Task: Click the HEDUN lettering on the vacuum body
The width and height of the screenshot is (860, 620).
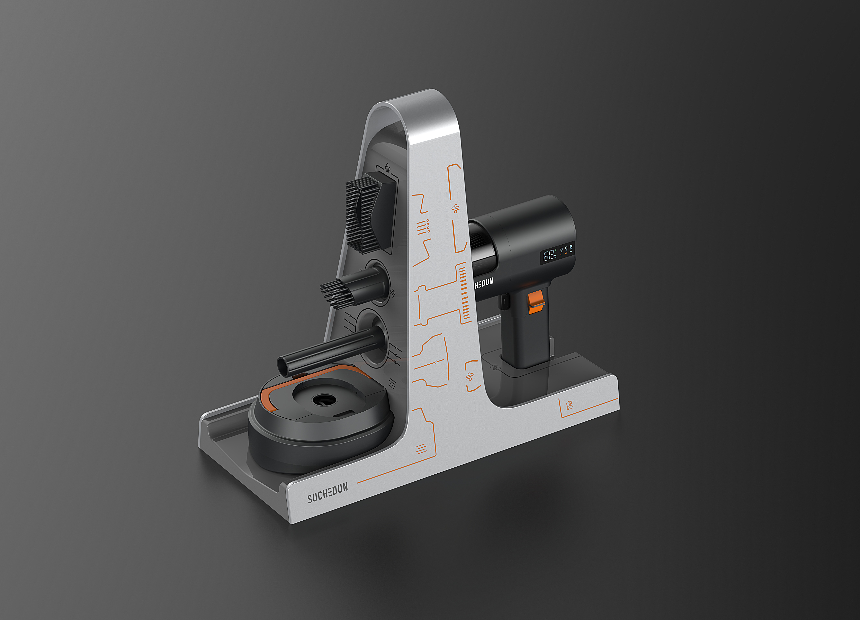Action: [x=484, y=283]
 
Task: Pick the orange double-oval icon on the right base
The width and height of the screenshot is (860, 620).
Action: [x=569, y=405]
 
